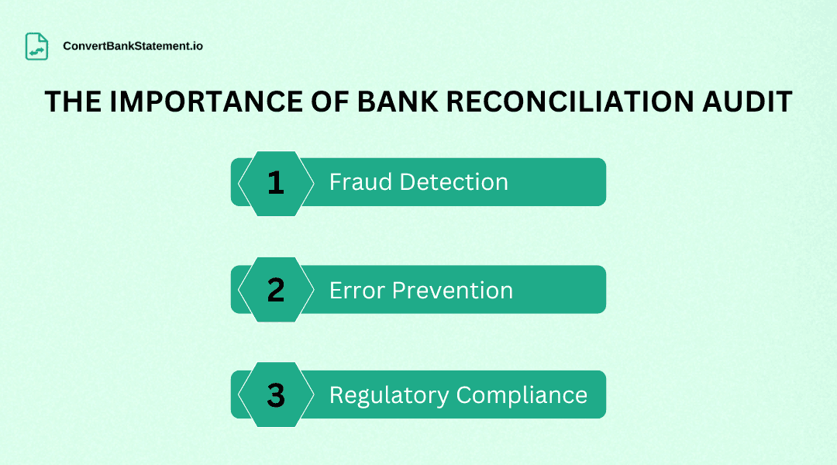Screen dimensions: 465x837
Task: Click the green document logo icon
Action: pos(36,46)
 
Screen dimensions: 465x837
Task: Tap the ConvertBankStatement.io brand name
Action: pos(133,46)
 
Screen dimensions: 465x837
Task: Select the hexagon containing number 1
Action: pos(276,183)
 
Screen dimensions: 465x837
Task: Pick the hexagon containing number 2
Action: pos(276,290)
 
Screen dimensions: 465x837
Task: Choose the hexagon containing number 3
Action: pos(276,395)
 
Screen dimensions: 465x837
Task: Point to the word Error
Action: pos(357,291)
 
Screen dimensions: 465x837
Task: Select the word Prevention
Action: pos(453,291)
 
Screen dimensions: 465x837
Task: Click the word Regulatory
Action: pos(389,395)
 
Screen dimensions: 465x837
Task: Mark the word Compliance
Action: pos(522,395)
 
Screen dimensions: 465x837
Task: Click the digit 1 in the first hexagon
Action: pos(276,183)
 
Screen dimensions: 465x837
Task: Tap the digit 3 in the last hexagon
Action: pos(276,395)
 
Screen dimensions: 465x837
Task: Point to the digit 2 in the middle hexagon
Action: pos(276,290)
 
